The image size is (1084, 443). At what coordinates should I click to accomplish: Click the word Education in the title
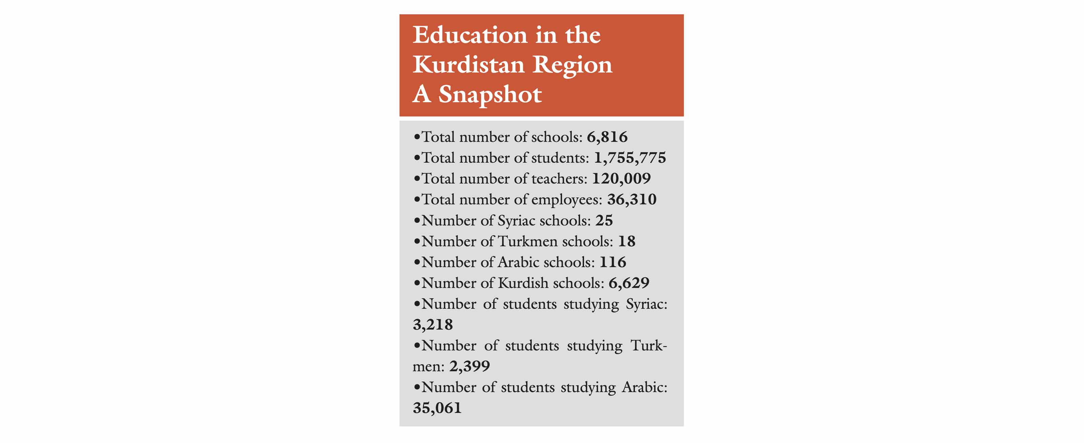pyautogui.click(x=469, y=35)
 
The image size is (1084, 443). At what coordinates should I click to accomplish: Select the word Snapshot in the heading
pyautogui.click(x=490, y=94)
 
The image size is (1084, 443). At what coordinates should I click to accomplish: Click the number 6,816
pyautogui.click(x=607, y=137)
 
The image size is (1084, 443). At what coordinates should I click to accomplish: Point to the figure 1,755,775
pyautogui.click(x=629, y=158)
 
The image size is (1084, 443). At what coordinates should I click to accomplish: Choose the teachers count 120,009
pyautogui.click(x=621, y=179)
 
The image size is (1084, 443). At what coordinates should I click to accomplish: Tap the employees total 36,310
pyautogui.click(x=631, y=200)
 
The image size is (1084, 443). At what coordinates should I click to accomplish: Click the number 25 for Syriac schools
pyautogui.click(x=604, y=221)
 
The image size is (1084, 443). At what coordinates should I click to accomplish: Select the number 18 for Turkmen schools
pyautogui.click(x=627, y=241)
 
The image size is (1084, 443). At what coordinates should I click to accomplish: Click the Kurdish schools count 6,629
pyautogui.click(x=629, y=283)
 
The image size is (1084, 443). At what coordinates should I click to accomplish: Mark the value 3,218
pyautogui.click(x=433, y=325)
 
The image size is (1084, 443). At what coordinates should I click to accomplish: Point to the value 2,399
pyautogui.click(x=469, y=367)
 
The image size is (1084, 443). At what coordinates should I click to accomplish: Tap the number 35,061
pyautogui.click(x=437, y=408)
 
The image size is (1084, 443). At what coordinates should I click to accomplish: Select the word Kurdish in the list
pyautogui.click(x=523, y=283)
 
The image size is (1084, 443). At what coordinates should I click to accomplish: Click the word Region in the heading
pyautogui.click(x=572, y=65)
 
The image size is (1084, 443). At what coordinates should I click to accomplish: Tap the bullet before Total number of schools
pyautogui.click(x=417, y=137)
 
